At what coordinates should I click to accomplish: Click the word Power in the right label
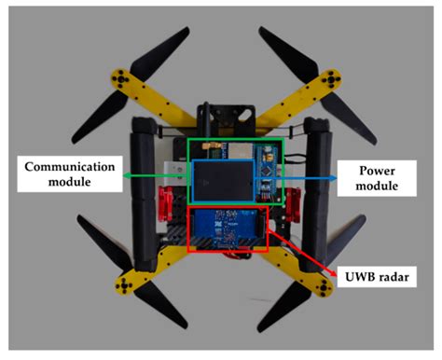pyautogui.click(x=362, y=168)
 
